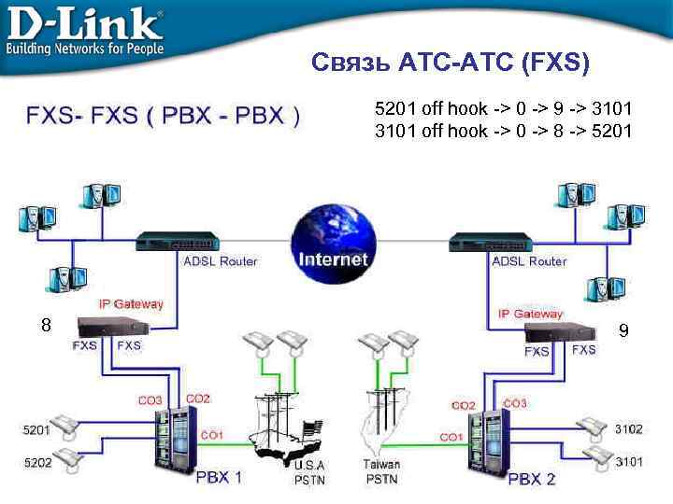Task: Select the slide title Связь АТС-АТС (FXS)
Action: click(x=451, y=64)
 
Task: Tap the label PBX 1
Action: click(x=218, y=477)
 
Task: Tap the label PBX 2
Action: click(x=532, y=479)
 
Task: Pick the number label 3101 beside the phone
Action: click(x=629, y=461)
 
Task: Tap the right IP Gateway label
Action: click(x=530, y=314)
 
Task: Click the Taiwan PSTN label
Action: click(x=381, y=471)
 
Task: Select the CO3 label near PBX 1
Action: click(x=150, y=400)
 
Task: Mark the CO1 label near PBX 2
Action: click(x=451, y=437)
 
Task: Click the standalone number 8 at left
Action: click(x=45, y=326)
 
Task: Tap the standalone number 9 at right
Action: click(x=623, y=330)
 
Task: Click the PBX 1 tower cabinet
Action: click(x=172, y=439)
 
